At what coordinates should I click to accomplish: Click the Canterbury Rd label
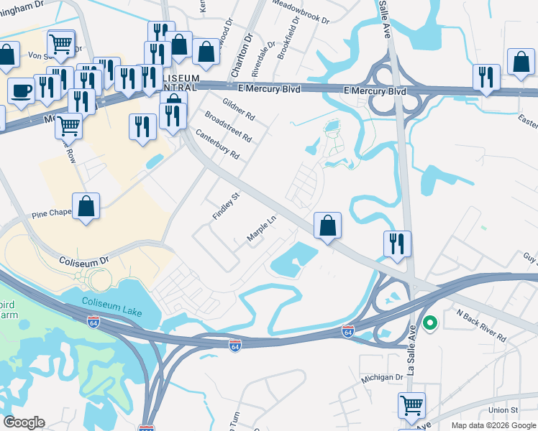point(216,144)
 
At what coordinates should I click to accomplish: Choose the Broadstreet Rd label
point(228,126)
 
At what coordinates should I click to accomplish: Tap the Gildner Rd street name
point(239,109)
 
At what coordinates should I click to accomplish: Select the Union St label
point(503,410)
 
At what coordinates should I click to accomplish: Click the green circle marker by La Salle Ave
point(430,323)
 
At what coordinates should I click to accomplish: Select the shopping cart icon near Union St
point(411,404)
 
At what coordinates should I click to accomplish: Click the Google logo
point(24,422)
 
